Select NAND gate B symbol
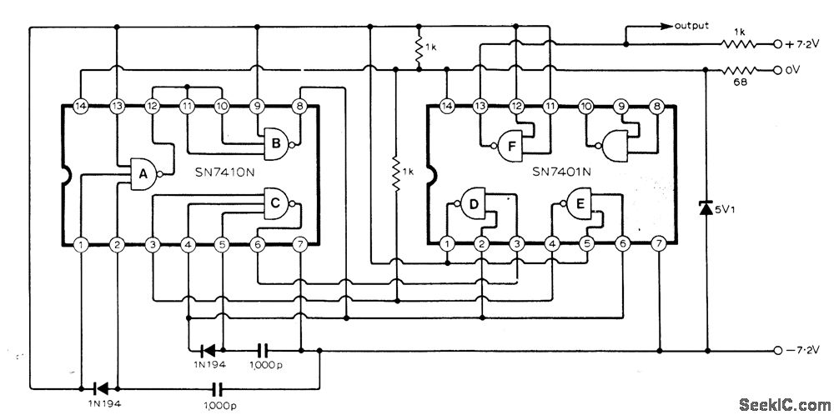275,144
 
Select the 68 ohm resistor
737,71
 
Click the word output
691,26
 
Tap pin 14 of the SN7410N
81,107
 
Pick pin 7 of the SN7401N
659,243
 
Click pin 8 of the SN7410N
299,107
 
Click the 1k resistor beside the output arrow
739,41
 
